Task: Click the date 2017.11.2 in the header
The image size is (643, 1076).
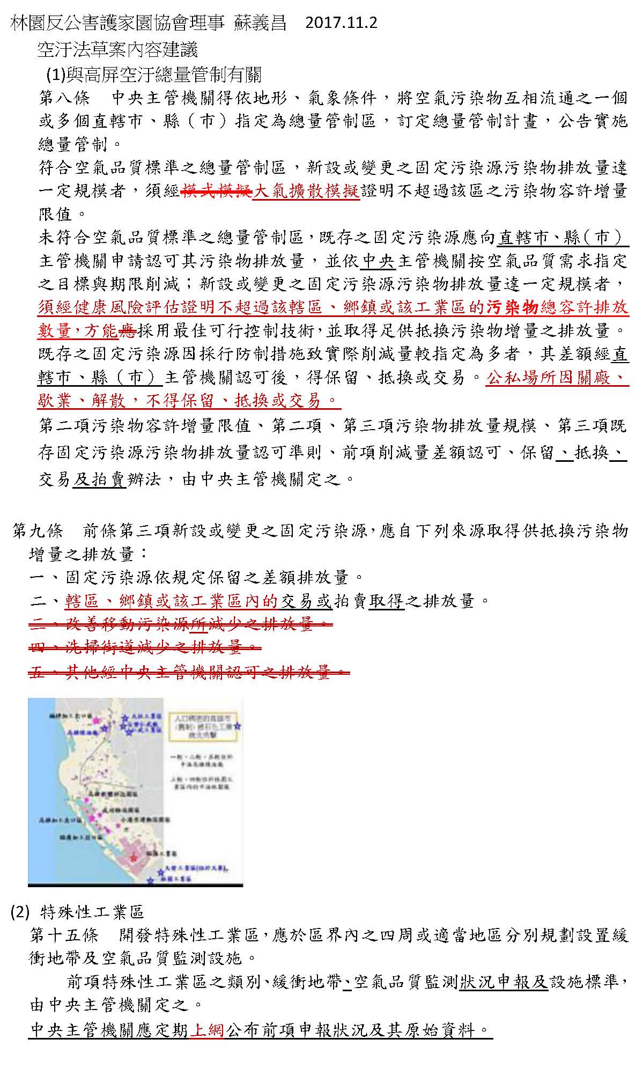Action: pos(341,23)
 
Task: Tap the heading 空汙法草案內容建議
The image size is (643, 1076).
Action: pos(117,50)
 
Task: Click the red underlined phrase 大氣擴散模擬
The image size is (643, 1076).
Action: pos(306,191)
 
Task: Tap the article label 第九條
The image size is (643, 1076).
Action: pos(38,531)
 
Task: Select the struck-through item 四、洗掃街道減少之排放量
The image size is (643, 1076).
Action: pos(145,647)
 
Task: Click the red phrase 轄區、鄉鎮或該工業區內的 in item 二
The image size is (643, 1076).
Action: pos(172,601)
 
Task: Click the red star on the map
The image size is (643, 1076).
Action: pos(133,857)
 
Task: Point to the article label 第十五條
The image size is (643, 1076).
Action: pos(65,936)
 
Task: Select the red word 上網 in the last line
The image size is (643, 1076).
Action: pos(206,1030)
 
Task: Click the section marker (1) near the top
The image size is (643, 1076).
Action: pos(55,74)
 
